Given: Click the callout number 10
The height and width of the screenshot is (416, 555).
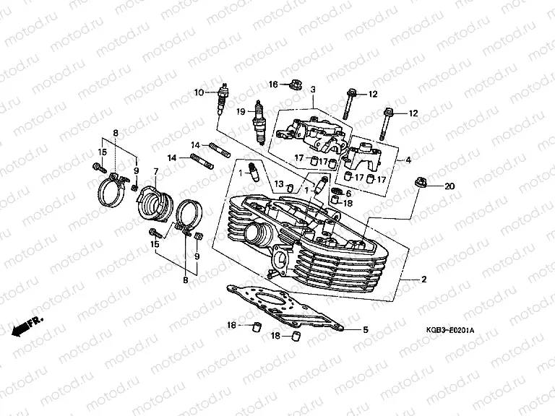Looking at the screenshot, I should point(199,92).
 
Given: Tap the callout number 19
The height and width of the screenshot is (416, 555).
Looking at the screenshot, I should point(241,112).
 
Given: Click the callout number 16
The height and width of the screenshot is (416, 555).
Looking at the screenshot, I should point(273,84).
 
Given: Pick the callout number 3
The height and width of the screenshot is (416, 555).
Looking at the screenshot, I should point(314,90).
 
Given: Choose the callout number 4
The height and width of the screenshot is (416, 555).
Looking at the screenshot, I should point(408,160).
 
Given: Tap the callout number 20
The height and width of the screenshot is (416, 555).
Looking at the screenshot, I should point(449,186).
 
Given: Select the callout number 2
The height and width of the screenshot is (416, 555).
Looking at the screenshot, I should point(424,279).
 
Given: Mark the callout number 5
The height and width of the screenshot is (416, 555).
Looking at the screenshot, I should point(365,330).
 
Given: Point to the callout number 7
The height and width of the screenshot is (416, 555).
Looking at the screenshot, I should point(155,171).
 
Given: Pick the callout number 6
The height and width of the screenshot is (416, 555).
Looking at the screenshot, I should point(348,194).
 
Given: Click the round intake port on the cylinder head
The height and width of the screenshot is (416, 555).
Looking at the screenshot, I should point(258,234).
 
